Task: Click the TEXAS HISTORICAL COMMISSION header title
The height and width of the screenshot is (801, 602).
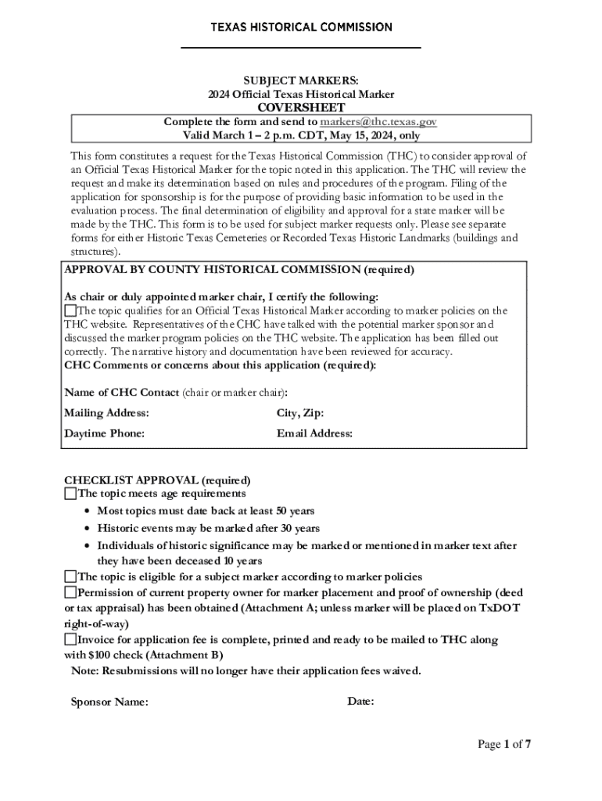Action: (x=301, y=27)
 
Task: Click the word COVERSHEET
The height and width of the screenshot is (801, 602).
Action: (x=301, y=108)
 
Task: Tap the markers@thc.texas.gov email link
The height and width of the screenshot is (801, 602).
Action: (x=378, y=122)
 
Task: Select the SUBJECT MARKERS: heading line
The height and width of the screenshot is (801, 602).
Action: (x=301, y=81)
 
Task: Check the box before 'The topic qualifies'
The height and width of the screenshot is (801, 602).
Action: (x=70, y=311)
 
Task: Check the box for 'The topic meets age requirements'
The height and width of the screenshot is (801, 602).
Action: (x=70, y=494)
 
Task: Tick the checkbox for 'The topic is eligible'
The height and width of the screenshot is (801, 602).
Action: (x=70, y=577)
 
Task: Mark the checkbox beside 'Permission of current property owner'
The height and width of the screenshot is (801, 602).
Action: (x=70, y=591)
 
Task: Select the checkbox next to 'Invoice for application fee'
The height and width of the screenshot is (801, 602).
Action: (x=70, y=640)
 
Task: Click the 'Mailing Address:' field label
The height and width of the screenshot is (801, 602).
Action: (x=106, y=413)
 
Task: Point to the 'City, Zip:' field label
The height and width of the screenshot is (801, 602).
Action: (x=300, y=413)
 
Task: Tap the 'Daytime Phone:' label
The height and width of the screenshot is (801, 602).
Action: (x=104, y=433)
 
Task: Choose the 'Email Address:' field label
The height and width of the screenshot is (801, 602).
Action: (x=314, y=433)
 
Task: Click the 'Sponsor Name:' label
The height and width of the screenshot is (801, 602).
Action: (x=109, y=702)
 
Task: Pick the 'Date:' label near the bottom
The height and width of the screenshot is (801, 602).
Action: (x=360, y=702)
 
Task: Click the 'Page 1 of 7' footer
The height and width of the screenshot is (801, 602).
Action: (x=504, y=744)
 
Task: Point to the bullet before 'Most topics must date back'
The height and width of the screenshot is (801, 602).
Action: (x=88, y=512)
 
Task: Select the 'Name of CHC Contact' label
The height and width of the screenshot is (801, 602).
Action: (x=121, y=392)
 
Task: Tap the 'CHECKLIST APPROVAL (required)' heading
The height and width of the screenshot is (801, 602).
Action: (x=157, y=480)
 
